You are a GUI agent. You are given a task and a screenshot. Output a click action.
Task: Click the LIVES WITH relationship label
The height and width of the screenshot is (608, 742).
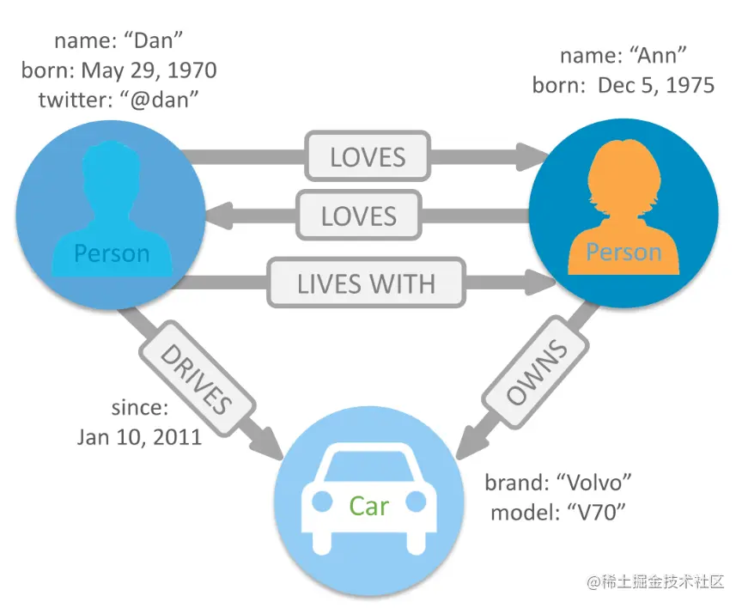click(x=366, y=283)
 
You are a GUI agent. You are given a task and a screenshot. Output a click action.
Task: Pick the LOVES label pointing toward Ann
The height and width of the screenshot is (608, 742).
click(x=368, y=157)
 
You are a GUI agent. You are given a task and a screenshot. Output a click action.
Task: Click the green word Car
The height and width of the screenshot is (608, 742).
click(x=368, y=506)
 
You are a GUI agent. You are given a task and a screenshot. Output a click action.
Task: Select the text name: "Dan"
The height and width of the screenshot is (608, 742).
click(x=119, y=40)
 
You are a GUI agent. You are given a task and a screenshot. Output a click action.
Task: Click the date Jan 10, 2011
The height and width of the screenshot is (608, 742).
click(x=139, y=436)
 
